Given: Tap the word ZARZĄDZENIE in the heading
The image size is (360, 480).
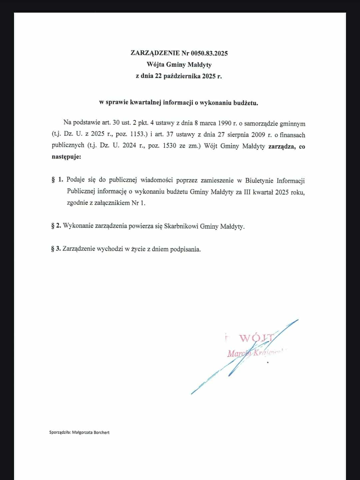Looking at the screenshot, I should pyautogui.click(x=155, y=53).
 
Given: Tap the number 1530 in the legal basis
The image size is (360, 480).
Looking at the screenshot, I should pyautogui.click(x=169, y=146).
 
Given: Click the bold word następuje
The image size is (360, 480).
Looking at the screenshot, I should pyautogui.click(x=66, y=157).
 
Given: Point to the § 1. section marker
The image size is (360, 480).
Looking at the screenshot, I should pyautogui.click(x=57, y=180).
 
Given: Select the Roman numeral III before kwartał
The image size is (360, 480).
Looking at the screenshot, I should pyautogui.click(x=246, y=192).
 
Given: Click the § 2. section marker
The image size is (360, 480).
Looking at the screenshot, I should pyautogui.click(x=56, y=226).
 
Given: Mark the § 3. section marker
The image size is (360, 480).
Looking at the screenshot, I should pyautogui.click(x=56, y=248).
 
